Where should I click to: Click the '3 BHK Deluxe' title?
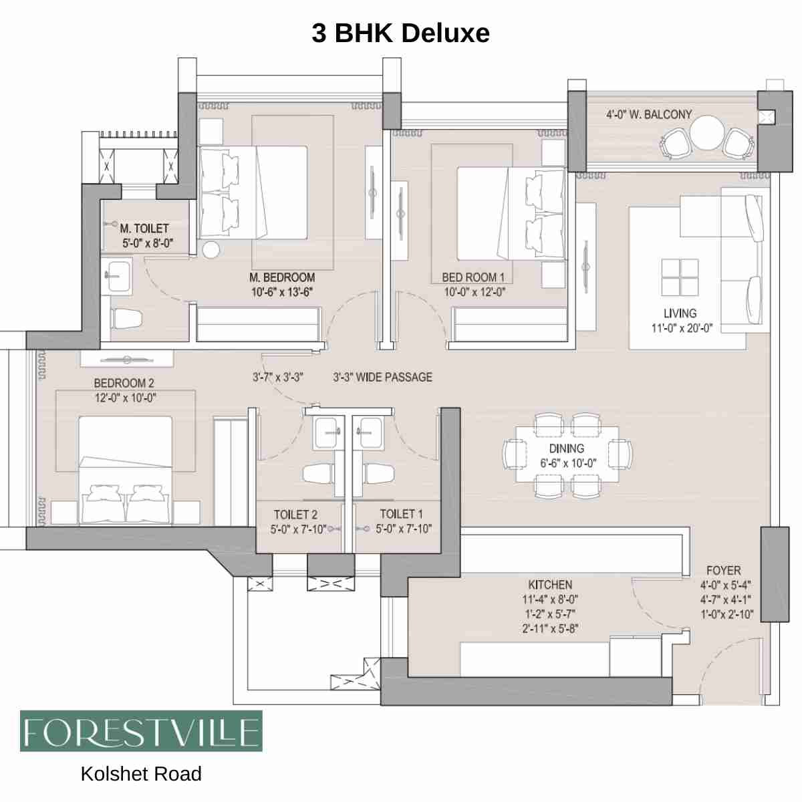click(x=400, y=33)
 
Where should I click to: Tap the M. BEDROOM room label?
click(x=281, y=277)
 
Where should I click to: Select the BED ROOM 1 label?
click(x=473, y=277)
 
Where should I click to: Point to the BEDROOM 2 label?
click(x=124, y=383)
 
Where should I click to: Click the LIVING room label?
click(x=680, y=313)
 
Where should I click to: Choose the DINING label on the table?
click(x=567, y=448)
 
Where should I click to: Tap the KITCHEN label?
click(x=550, y=585)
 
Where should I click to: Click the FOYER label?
click(x=724, y=571)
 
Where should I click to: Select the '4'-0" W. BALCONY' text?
click(x=648, y=115)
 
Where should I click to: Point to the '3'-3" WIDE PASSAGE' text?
click(x=382, y=378)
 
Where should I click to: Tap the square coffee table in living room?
click(x=680, y=277)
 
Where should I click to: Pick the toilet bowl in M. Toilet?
click(x=126, y=318)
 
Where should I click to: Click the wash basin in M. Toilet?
click(x=118, y=275)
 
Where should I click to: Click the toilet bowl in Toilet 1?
click(x=378, y=474)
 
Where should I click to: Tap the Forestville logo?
click(x=141, y=731)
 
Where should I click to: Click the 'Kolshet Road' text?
click(x=141, y=774)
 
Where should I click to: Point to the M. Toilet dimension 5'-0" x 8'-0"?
click(x=147, y=243)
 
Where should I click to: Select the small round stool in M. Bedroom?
click(x=211, y=250)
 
